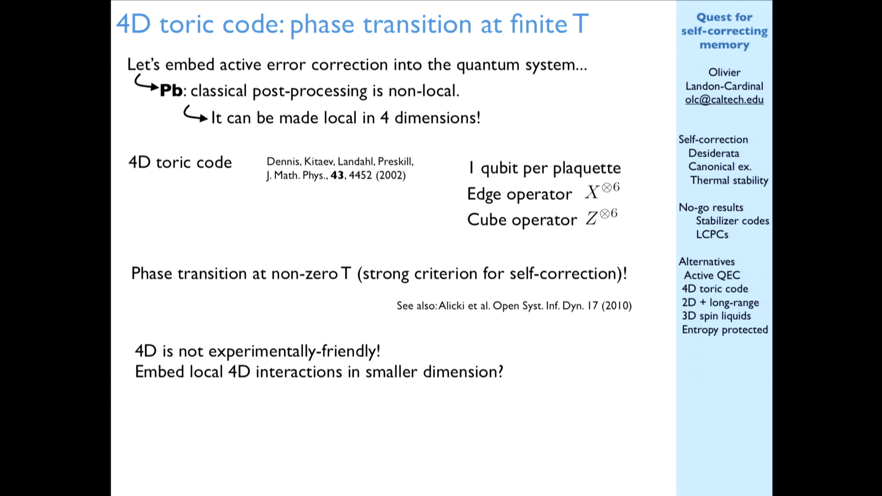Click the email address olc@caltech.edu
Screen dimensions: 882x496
click(724, 100)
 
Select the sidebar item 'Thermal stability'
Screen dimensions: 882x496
click(729, 180)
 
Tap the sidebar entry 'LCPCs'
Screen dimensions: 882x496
click(712, 234)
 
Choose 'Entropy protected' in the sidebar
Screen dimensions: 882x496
click(725, 330)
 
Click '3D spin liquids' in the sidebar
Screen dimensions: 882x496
click(716, 316)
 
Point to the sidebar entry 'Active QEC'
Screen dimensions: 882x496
click(712, 275)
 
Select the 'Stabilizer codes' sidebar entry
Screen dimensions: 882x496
click(732, 221)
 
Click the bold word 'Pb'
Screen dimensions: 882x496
click(171, 90)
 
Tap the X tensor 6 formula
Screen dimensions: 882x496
click(602, 191)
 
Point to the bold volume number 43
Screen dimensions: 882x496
click(337, 175)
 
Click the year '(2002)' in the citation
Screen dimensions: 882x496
click(390, 175)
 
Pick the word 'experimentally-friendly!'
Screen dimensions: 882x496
click(294, 351)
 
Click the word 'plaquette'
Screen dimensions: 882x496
click(587, 169)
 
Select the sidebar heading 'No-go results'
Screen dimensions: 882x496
click(711, 208)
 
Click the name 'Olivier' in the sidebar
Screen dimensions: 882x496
click(724, 73)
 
